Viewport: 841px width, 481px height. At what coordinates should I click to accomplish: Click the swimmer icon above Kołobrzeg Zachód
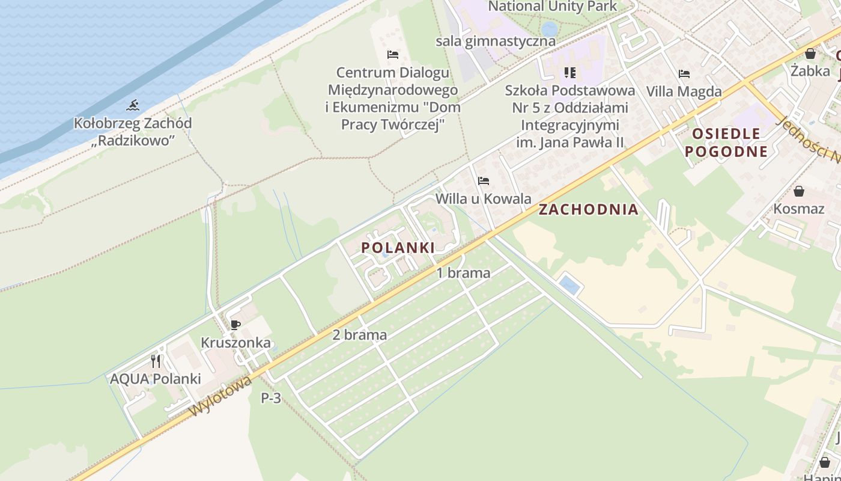(x=133, y=106)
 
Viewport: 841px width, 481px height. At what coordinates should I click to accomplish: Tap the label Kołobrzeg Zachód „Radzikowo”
(x=133, y=132)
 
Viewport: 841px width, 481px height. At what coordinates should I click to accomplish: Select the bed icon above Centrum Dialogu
(x=393, y=55)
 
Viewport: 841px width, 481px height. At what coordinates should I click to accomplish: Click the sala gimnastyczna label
(x=496, y=41)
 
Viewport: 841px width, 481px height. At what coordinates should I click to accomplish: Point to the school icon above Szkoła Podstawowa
(x=570, y=73)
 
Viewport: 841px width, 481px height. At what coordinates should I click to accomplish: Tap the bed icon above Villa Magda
(x=684, y=74)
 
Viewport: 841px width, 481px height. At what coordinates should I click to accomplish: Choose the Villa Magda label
(x=684, y=91)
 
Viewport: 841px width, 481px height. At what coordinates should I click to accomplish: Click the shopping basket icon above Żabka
(x=810, y=54)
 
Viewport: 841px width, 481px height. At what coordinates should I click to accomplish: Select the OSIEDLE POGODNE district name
(x=726, y=142)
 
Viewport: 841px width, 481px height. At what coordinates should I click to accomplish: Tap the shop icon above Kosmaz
(x=799, y=191)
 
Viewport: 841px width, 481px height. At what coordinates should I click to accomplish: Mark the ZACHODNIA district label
(x=588, y=209)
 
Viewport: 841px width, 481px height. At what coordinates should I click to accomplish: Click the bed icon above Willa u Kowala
(x=484, y=181)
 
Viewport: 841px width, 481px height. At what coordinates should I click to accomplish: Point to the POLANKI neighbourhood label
(x=398, y=247)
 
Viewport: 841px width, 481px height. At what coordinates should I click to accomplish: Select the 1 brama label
(x=463, y=273)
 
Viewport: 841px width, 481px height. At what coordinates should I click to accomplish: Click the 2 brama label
(x=360, y=335)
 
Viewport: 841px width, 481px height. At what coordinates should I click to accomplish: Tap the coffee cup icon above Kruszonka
(x=235, y=325)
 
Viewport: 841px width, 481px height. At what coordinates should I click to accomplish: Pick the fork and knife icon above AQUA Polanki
(x=156, y=361)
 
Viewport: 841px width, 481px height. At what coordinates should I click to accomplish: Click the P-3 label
(x=271, y=397)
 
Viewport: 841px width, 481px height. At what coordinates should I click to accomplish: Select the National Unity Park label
(x=552, y=7)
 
